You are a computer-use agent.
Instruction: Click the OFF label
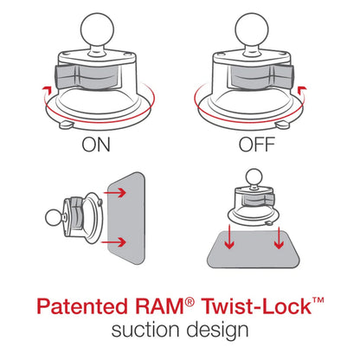[x=261, y=144]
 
